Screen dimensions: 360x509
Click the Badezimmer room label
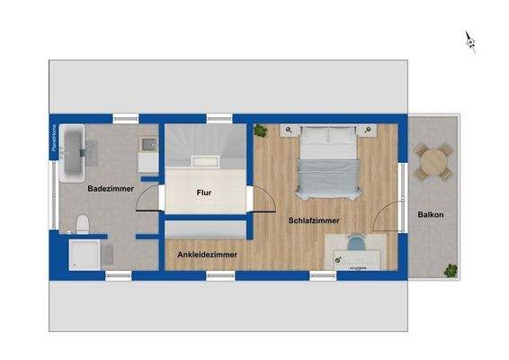point(111,189)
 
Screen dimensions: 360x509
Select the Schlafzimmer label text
point(314,220)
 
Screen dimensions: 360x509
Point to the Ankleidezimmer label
point(208,255)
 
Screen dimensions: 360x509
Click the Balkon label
point(431,215)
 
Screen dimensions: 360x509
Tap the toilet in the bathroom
point(82,223)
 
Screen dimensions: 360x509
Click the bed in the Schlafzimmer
point(328,164)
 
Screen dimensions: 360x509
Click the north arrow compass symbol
point(469,40)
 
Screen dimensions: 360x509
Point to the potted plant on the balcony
point(453,269)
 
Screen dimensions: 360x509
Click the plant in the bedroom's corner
point(262,131)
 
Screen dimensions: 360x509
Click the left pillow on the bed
point(315,137)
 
